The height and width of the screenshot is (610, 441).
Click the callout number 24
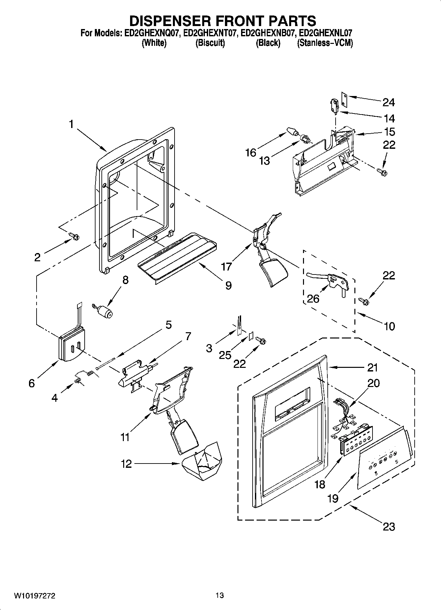388,103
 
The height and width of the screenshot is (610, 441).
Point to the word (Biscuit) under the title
210,43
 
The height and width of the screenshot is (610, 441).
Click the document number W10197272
34,596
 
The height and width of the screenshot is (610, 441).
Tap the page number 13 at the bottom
220,595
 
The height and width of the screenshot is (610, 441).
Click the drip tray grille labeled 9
178,257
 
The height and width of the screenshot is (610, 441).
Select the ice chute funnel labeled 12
203,461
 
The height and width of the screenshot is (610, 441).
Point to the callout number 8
125,280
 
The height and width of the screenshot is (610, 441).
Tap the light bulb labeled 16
292,131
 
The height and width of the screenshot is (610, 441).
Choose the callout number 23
389,527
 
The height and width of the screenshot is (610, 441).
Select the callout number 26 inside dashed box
313,299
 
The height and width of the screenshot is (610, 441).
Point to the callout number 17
226,266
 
